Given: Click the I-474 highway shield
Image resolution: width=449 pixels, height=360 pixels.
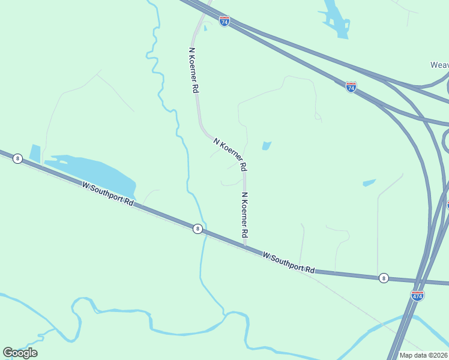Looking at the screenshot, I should click(418, 296).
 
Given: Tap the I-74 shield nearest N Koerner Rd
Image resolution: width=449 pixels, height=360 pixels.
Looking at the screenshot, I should click(224, 22).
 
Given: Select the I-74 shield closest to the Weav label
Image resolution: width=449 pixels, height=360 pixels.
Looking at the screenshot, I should click(351, 87).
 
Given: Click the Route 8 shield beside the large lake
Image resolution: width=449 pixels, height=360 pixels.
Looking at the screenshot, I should click(17, 158).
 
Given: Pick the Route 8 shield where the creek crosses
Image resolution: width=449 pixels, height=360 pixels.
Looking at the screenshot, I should click(197, 229).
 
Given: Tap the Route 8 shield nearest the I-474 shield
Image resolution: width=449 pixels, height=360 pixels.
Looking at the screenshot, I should click(384, 278).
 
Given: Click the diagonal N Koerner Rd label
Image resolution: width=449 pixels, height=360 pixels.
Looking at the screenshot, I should click(231, 153).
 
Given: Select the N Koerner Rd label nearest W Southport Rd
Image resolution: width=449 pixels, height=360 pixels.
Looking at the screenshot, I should click(245, 215).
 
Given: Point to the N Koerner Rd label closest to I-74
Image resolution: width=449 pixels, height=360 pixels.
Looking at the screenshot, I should click(193, 70).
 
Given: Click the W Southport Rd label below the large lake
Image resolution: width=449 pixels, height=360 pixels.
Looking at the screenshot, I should click(107, 194).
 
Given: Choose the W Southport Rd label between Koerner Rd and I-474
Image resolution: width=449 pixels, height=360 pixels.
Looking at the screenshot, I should click(289, 263).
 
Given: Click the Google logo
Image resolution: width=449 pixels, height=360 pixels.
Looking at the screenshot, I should click(20, 353).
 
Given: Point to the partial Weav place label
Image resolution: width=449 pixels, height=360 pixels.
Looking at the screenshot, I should click(439, 65).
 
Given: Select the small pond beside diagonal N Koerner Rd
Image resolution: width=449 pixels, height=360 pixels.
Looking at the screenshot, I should click(266, 145).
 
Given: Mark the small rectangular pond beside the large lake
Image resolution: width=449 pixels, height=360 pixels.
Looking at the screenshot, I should click(35, 153).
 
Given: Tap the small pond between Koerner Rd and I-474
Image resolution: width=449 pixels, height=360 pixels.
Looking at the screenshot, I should click(369, 182).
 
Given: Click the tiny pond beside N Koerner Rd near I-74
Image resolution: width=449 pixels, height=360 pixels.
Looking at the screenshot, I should click(205, 28).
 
